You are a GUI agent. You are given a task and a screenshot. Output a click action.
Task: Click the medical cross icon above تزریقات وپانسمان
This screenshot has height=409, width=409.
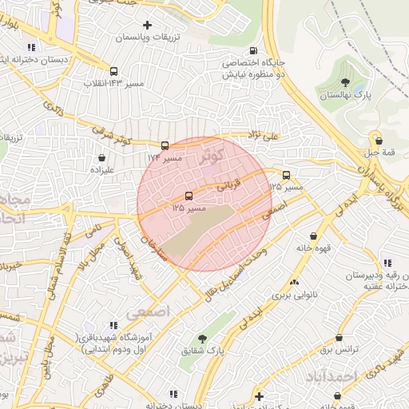coord(147,26)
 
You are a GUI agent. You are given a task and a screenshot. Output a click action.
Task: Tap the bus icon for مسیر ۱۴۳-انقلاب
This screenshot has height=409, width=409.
coord(114,70)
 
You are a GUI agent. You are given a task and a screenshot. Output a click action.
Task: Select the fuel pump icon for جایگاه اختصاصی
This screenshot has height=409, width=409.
coord(279,77)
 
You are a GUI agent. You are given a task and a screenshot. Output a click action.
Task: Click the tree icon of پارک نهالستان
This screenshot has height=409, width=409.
coord(345,82)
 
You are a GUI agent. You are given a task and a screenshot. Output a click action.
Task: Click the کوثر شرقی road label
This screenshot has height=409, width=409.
coord(113,137)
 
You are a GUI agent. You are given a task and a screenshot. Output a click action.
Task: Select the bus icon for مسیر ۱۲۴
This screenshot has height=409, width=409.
coord(165,145)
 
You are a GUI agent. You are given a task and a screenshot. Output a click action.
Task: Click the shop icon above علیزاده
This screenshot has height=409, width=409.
coord(102,158)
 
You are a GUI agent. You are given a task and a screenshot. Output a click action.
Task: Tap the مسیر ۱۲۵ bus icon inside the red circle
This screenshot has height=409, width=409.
coord(189,195)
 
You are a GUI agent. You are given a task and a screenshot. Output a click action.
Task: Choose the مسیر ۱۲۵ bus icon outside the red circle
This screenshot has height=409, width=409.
coord(286,175)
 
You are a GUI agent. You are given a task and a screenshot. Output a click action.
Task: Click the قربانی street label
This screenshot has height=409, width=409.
coord(230,183)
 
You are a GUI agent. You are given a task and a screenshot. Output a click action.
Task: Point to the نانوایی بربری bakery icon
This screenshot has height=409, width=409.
coord(295,282)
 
